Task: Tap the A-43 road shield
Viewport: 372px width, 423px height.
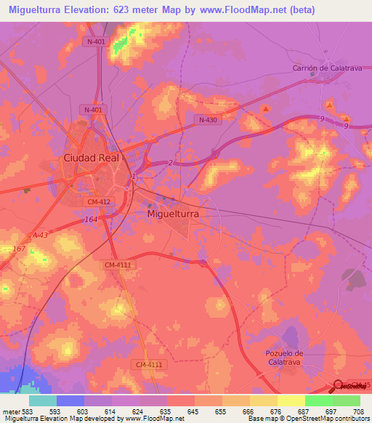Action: (x=39, y=234)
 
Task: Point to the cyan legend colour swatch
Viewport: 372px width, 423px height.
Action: (x=43, y=400)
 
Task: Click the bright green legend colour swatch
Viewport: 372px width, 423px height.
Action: (x=318, y=400)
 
